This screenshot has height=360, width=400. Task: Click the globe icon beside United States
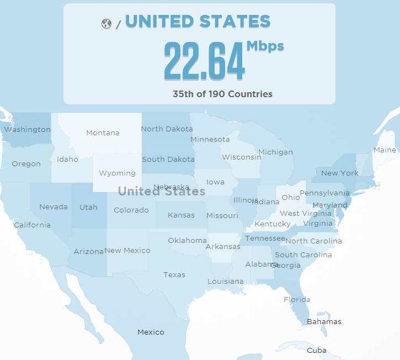(x=106, y=24)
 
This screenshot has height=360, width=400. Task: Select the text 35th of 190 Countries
(x=222, y=94)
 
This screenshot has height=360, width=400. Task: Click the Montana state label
(x=103, y=133)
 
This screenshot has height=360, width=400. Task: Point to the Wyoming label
(x=117, y=173)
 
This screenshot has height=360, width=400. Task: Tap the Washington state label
(x=27, y=129)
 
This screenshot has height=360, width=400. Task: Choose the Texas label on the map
(x=174, y=274)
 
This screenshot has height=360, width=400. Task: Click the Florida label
(x=297, y=299)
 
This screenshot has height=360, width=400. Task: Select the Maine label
(x=385, y=150)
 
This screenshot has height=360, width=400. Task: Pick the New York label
(x=340, y=173)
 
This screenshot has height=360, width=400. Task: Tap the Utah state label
(x=88, y=207)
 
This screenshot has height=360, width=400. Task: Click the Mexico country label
(x=151, y=332)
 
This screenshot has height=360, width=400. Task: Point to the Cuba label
(x=316, y=350)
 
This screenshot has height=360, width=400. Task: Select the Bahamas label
(x=324, y=321)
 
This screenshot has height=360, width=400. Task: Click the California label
(x=32, y=225)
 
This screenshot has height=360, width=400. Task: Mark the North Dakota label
(x=167, y=129)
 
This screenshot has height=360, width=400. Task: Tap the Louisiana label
(x=225, y=281)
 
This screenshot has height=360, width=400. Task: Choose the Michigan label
(x=275, y=152)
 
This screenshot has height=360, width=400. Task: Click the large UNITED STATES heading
(x=198, y=22)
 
